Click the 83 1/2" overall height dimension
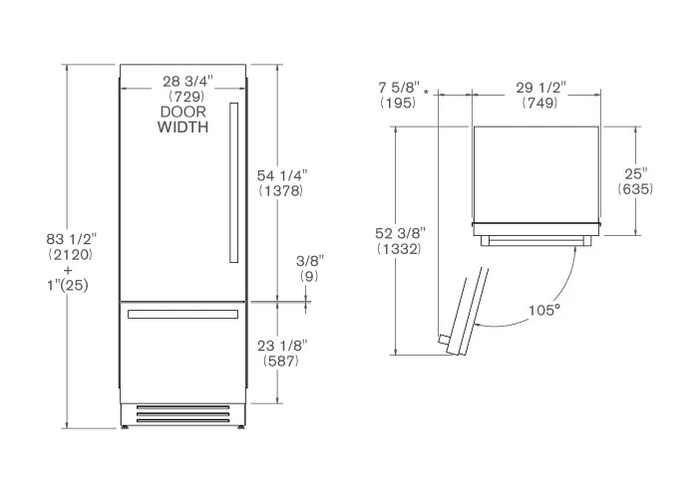coord(71,239)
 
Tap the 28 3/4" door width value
coord(187,82)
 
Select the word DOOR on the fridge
coord(182,112)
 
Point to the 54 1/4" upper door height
coord(282,175)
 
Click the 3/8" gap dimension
coord(310,261)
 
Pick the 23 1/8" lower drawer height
coord(282,346)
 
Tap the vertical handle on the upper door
coord(233,182)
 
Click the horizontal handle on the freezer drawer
coord(182,315)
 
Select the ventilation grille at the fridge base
coord(182,414)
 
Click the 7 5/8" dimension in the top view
coord(399,87)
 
